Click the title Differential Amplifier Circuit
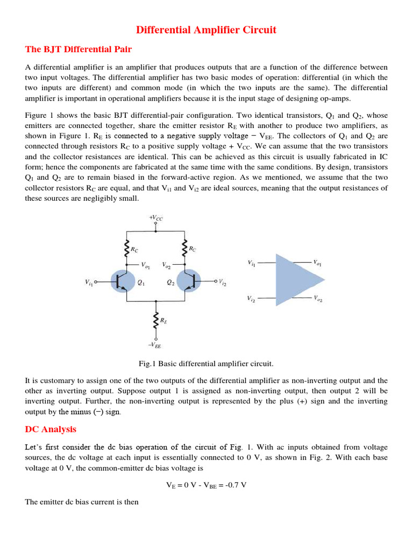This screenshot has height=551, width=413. coord(206,30)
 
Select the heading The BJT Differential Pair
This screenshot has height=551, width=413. coord(79,50)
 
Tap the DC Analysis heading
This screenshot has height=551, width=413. coord(51,429)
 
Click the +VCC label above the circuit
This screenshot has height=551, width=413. coord(156,217)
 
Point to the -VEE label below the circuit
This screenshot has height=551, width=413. coord(155,345)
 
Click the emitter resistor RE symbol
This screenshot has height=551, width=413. coord(156,320)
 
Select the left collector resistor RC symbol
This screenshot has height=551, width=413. coord(126,248)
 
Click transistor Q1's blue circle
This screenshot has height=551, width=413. coord(123,281)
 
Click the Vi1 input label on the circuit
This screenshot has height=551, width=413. coord(89,282)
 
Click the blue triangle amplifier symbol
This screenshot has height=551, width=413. coord(296,280)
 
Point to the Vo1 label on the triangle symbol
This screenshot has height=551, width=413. coord(318,263)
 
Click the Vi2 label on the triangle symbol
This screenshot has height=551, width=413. coord(252,298)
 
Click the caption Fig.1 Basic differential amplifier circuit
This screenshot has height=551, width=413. coord(206,364)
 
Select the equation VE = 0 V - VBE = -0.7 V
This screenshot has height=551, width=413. coord(206,485)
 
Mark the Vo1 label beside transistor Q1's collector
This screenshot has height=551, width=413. coord(146,265)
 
